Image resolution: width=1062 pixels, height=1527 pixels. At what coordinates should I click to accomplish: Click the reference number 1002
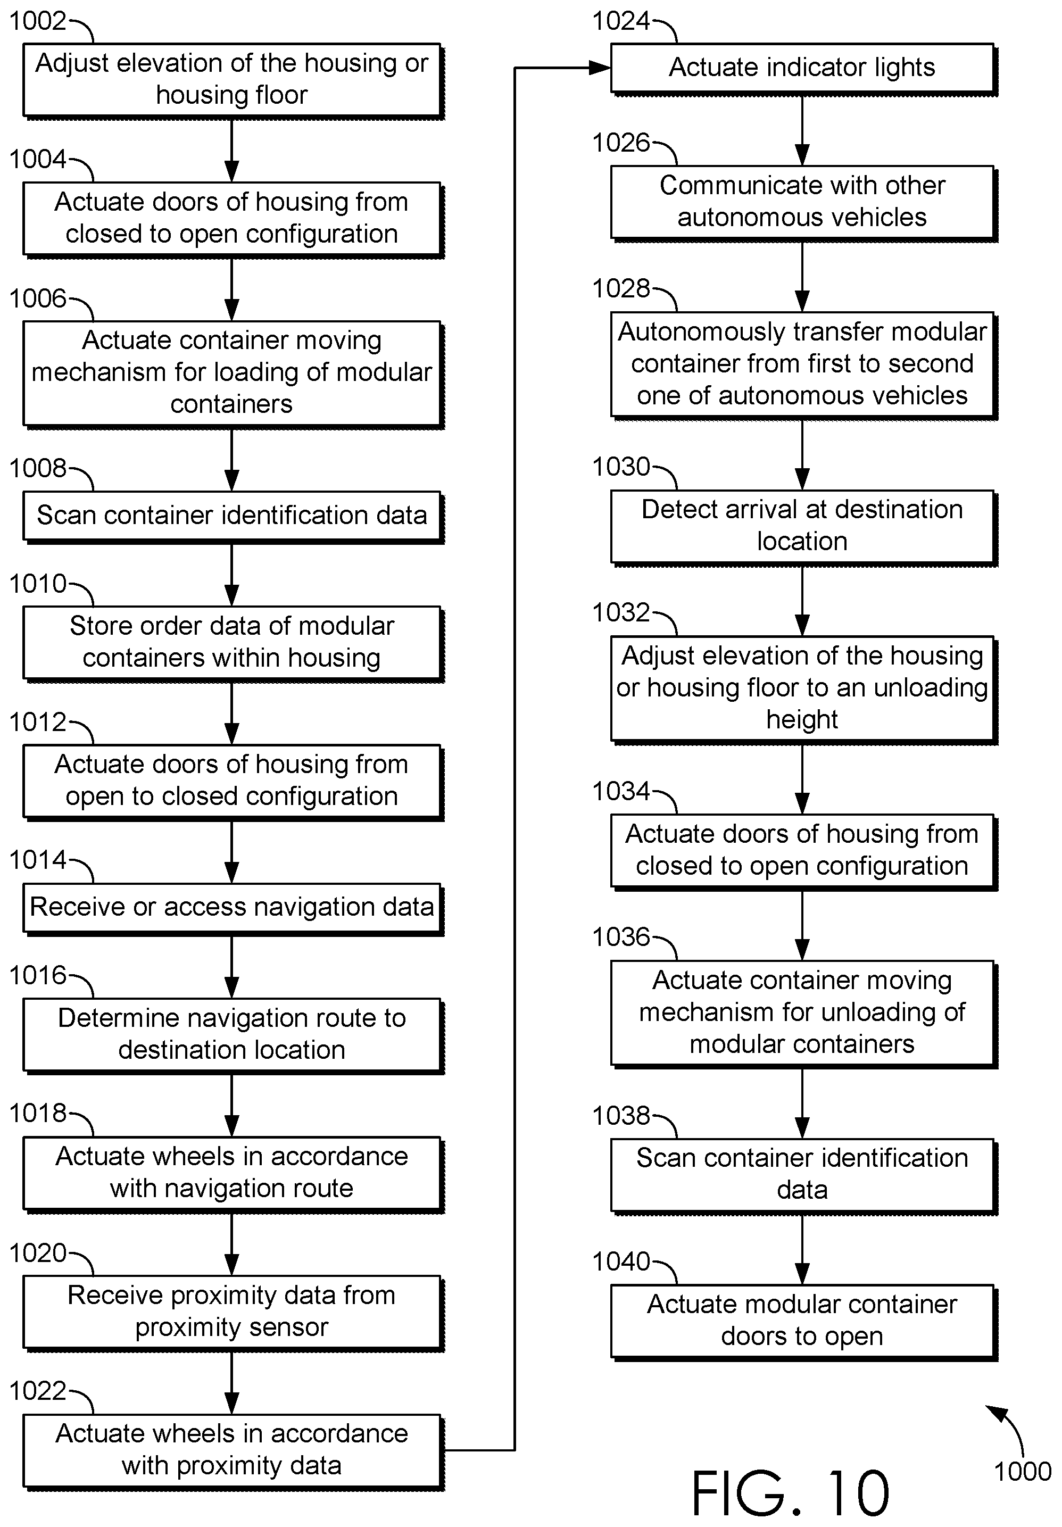[x=37, y=21]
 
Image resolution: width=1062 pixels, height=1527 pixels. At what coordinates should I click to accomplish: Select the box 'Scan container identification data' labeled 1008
[x=233, y=516]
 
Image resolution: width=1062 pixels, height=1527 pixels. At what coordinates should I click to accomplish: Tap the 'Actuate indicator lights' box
[x=803, y=69]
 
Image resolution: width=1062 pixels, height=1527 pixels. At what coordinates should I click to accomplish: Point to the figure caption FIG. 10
[x=790, y=1492]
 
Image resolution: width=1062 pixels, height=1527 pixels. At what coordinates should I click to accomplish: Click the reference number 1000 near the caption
[x=1022, y=1471]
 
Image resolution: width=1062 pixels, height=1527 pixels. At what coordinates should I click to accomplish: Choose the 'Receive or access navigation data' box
[x=233, y=909]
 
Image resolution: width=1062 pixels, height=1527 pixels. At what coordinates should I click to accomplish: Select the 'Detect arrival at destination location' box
[x=803, y=527]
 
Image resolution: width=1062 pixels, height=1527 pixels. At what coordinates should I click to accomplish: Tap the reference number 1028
[x=620, y=288]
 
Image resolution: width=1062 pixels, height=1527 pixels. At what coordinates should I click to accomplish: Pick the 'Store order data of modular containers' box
[x=233, y=643]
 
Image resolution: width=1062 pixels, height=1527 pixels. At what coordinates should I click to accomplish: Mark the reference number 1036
[x=620, y=937]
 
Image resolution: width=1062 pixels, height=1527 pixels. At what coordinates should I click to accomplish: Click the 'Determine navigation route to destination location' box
[x=233, y=1035]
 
